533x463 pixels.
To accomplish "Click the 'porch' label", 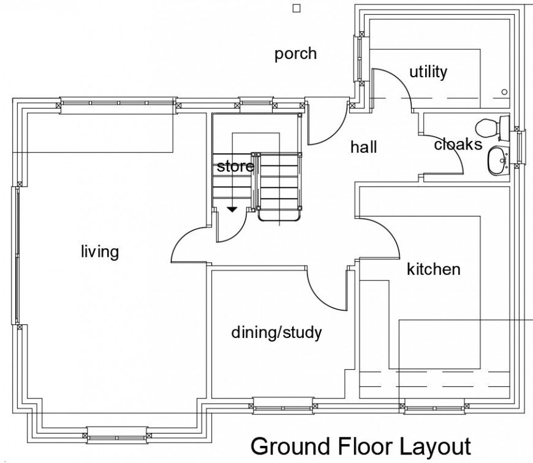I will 295,54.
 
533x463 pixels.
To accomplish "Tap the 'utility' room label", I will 428,72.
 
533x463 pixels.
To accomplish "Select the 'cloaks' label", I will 458,145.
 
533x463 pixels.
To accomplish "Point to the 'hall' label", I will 363,147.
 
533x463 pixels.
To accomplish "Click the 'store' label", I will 235,167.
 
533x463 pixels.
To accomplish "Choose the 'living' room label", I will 99,251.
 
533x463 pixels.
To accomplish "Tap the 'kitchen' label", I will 433,269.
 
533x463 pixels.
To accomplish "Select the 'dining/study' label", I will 276,333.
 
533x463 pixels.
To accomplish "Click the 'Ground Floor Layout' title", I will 360,446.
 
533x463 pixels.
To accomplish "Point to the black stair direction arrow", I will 232,210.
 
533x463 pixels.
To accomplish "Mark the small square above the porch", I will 297,8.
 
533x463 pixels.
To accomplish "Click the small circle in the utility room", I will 504,92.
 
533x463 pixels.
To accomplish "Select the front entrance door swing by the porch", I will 323,126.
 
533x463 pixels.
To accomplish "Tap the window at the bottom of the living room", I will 117,435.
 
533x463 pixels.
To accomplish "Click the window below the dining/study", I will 283,405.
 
